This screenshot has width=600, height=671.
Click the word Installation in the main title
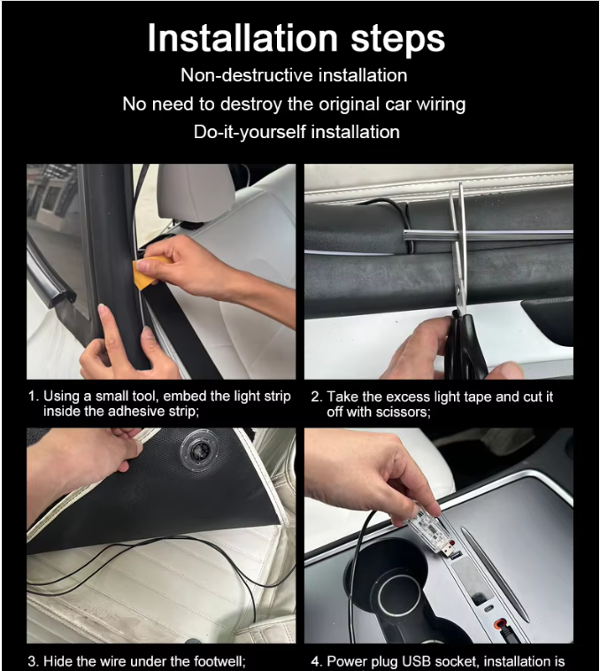tap(242, 38)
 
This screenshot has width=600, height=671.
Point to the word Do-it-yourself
tap(250, 132)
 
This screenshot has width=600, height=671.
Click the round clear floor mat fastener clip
tap(200, 451)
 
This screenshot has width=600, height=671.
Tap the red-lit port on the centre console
tap(498, 622)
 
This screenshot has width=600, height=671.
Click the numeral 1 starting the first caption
tap(32, 397)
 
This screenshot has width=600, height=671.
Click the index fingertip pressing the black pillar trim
tap(103, 311)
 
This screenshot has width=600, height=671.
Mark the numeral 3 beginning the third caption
tap(33, 661)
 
